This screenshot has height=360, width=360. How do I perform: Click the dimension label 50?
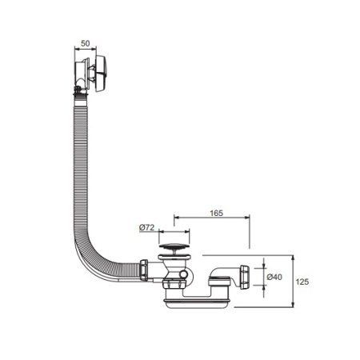pos(86,43)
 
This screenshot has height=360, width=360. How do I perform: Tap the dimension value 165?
pos(216,213)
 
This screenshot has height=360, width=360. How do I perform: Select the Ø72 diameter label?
pos(147,227)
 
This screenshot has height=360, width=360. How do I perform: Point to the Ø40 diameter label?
pos(274,277)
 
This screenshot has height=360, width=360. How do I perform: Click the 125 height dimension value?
pos(302,282)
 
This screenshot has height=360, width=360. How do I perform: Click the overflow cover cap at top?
pos(101,74)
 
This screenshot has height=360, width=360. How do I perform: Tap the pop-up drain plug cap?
pos(174,246)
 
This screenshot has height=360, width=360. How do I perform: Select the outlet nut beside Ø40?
pos(245,277)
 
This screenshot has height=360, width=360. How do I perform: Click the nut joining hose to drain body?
pos(144,270)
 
